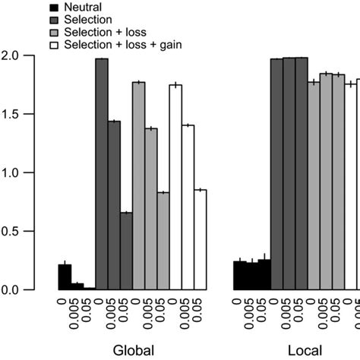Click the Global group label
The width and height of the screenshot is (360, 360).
click(x=133, y=350)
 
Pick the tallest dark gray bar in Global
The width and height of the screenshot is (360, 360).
click(x=101, y=174)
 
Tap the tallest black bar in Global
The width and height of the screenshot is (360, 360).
click(x=65, y=277)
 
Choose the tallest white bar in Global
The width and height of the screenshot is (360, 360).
click(x=175, y=187)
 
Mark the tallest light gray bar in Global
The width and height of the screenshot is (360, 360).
click(x=138, y=186)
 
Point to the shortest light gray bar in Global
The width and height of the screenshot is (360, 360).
click(x=163, y=241)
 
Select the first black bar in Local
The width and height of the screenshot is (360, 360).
click(x=239, y=276)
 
